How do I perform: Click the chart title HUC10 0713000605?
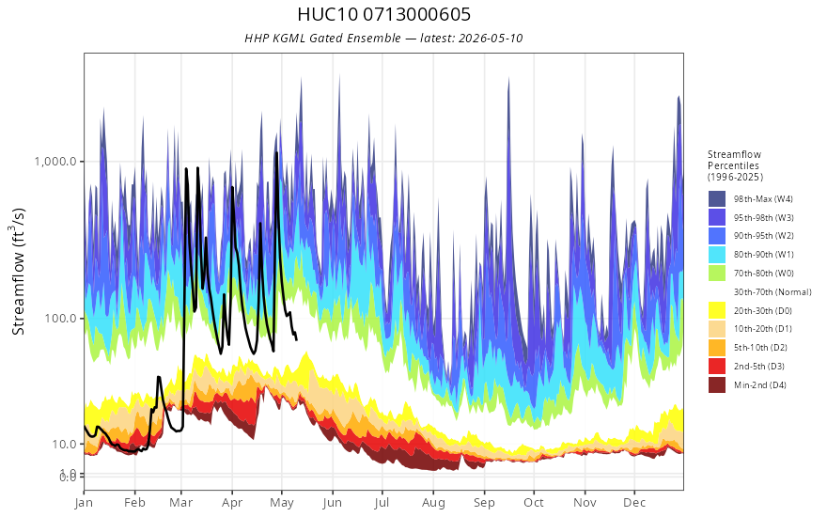click(x=384, y=14)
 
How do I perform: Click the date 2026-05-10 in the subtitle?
click(x=491, y=39)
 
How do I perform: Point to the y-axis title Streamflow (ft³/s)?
click(x=18, y=272)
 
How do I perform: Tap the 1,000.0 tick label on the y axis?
click(x=55, y=162)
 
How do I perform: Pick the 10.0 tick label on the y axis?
click(x=64, y=445)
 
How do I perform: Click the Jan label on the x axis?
click(x=84, y=503)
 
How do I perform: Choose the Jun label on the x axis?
click(x=333, y=503)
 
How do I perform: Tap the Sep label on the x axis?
click(x=484, y=503)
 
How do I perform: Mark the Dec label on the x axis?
click(x=634, y=503)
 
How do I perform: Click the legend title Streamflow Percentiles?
click(x=735, y=165)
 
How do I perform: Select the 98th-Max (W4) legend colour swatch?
click(x=717, y=199)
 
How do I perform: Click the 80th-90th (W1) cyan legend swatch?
click(x=717, y=255)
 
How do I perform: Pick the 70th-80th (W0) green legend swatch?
click(x=717, y=274)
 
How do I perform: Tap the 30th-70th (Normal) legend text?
click(x=772, y=292)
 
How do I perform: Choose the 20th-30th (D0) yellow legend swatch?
click(x=717, y=311)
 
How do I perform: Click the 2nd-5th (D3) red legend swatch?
click(x=717, y=366)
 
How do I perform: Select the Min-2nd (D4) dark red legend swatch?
click(x=717, y=385)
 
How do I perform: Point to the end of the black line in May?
click(x=296, y=339)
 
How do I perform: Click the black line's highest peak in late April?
click(x=276, y=153)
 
